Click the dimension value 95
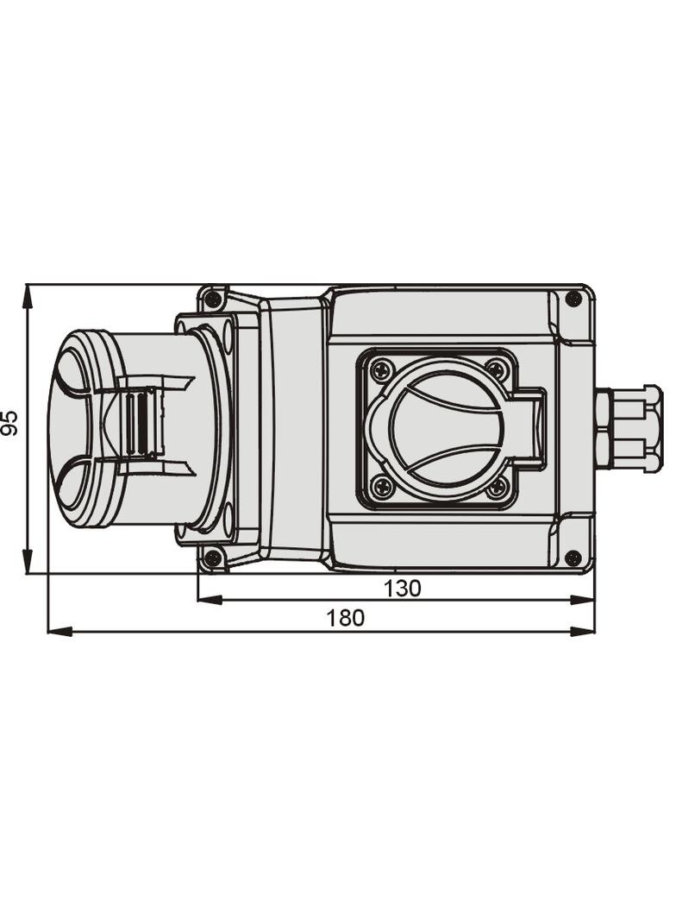pyautogui.click(x=10, y=422)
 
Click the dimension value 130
pyautogui.click(x=402, y=588)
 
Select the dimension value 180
pyautogui.click(x=345, y=618)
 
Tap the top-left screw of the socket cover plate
pyautogui.click(x=379, y=369)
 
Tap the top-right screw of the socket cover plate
pyautogui.click(x=496, y=369)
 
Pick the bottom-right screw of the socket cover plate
pyautogui.click(x=498, y=485)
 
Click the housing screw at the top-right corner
pyautogui.click(x=573, y=299)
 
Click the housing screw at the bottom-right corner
pyautogui.click(x=573, y=558)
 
